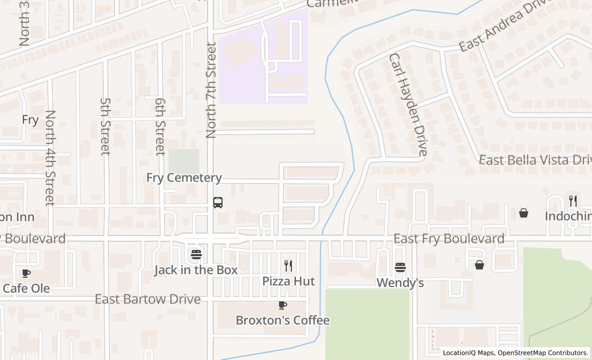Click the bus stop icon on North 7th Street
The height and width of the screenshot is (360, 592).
(x=218, y=203)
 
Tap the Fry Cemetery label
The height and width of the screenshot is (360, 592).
(x=184, y=178)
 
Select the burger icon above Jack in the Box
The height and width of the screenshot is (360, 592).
(x=196, y=255)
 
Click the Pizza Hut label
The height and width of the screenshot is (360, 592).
(x=288, y=281)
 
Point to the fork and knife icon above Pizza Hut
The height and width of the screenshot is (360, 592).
(x=288, y=266)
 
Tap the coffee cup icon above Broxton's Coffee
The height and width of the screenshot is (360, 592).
(x=283, y=305)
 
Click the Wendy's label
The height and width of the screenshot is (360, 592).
(x=400, y=283)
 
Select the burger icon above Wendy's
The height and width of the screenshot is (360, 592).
(x=400, y=267)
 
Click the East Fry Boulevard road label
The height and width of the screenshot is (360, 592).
(x=449, y=239)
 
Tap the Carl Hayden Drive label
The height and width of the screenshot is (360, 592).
(x=408, y=104)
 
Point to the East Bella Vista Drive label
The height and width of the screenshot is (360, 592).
(x=534, y=160)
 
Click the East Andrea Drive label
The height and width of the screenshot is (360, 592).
(x=504, y=26)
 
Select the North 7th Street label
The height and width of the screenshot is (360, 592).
(x=211, y=91)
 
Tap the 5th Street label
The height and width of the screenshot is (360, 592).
(x=105, y=127)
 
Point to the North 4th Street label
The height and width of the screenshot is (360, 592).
(x=50, y=158)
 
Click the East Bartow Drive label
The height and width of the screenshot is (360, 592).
(x=147, y=299)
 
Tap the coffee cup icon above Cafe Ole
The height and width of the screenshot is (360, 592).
(x=26, y=273)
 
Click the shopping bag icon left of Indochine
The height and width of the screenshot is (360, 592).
(x=523, y=213)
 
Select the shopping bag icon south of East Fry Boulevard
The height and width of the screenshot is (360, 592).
(x=479, y=265)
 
